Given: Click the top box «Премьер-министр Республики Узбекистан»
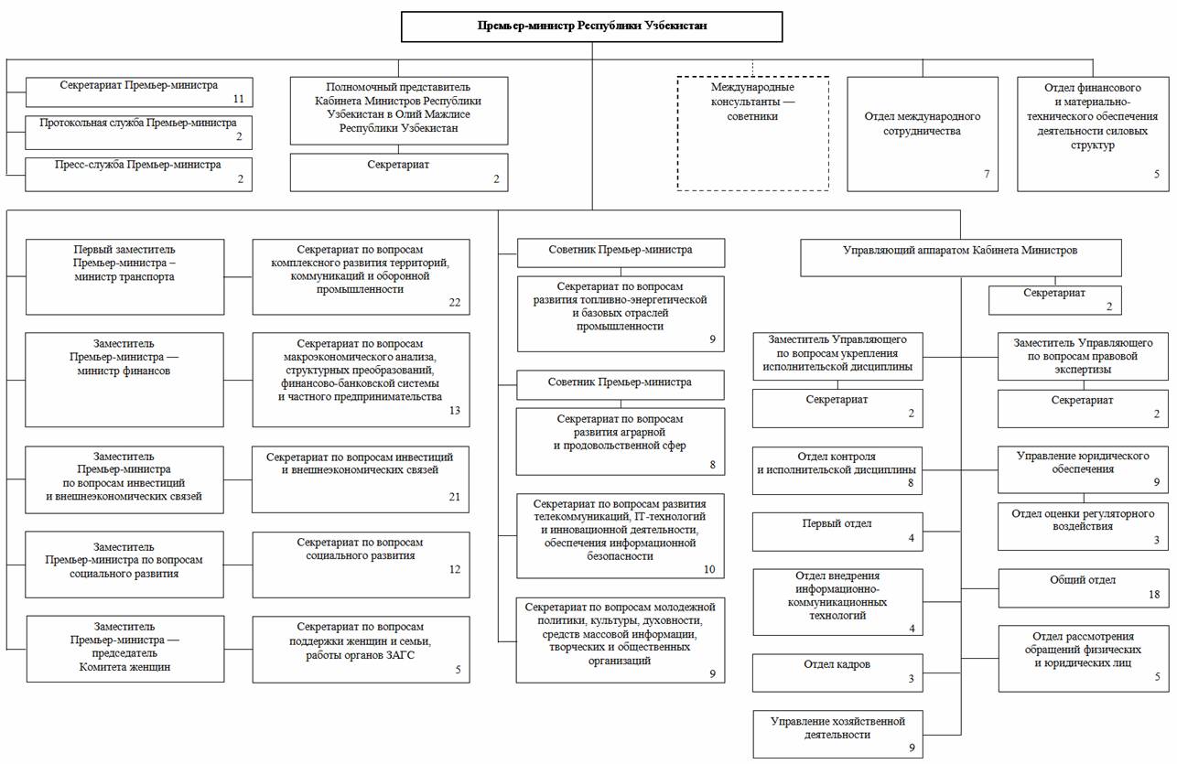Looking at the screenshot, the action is pos(591,27).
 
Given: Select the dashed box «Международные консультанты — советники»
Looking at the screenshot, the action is pos(753,134).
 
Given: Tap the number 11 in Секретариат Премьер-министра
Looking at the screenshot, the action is pos(239,99).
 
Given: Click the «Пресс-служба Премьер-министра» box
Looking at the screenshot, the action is pos(139,175).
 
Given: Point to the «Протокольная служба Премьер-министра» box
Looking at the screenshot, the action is pos(139,133).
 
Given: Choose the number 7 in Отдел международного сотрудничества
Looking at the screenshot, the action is pos(987,174).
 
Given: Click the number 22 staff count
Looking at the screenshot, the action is pos(455,302).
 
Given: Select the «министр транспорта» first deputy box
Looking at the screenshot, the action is pos(125,277).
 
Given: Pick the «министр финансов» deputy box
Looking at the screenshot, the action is pos(124,380).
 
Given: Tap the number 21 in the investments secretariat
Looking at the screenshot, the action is pos(455,497).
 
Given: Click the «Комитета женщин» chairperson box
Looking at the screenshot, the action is pos(125,649).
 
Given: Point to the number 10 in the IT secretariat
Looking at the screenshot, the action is pos(709,569).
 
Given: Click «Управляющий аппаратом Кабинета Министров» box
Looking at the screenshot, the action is pos(960,258).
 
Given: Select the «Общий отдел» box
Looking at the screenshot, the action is pos(1084,588).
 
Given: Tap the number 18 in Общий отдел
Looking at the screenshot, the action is pos(1154,595).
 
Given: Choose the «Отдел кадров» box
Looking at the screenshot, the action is pos(837,673).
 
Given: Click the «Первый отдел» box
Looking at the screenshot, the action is pos(837,532).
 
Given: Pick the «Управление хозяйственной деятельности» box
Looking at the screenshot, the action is pos(837,734).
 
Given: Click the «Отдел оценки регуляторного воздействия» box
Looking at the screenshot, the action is pos(1084,526).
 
